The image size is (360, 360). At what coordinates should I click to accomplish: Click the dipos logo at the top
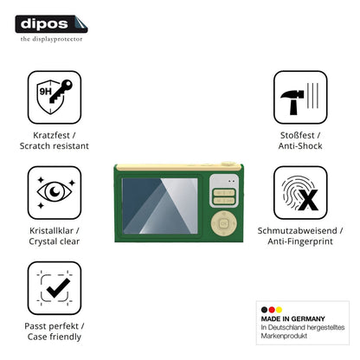pyautogui.click(x=51, y=24)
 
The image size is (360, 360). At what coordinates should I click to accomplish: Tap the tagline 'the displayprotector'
pyautogui.click(x=51, y=39)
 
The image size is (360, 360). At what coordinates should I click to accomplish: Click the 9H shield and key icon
pyautogui.click(x=55, y=97)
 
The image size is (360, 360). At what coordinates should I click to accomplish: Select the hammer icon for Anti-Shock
pyautogui.click(x=300, y=97)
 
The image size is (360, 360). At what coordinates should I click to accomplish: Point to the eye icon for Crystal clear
pyautogui.click(x=55, y=192)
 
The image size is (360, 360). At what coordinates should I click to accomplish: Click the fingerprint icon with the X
pyautogui.click(x=300, y=192)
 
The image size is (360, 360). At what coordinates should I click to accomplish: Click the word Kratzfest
pyautogui.click(x=51, y=135)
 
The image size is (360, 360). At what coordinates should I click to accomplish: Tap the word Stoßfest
pyautogui.click(x=298, y=135)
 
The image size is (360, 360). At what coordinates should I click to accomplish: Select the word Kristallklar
pyautogui.click(x=51, y=230)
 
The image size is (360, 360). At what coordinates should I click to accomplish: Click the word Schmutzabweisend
pyautogui.click(x=298, y=230)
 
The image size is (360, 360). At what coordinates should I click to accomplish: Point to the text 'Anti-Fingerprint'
pyautogui.click(x=300, y=241)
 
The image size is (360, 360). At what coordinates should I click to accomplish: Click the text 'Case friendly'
pyautogui.click(x=55, y=337)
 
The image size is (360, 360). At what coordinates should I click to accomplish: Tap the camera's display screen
pyautogui.click(x=160, y=206)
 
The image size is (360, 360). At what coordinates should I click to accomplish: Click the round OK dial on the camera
pyautogui.click(x=224, y=223)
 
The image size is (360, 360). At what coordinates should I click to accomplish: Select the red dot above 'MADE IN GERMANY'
pyautogui.click(x=272, y=310)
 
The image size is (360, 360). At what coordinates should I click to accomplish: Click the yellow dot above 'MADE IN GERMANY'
pyautogui.click(x=279, y=310)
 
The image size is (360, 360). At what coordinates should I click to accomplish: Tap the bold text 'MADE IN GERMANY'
pyautogui.click(x=293, y=318)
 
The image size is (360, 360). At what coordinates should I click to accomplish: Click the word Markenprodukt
pyautogui.click(x=284, y=336)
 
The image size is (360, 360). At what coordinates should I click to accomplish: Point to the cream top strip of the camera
pyautogui.click(x=178, y=167)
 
